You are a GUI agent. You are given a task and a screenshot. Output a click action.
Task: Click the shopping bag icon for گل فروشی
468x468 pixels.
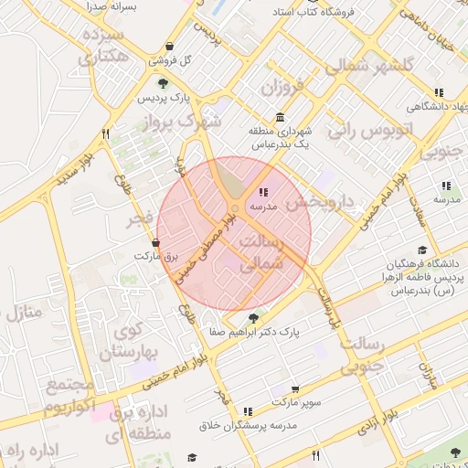170,48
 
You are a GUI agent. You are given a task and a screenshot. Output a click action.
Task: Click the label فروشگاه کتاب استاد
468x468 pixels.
309,14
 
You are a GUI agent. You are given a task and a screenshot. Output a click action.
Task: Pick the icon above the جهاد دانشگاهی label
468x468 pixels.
440,92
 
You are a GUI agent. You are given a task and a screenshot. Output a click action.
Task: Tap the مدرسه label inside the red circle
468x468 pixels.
264,207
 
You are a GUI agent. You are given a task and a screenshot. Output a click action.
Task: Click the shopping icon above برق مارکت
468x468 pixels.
157,244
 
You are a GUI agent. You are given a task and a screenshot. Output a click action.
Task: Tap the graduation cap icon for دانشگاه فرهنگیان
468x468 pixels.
421,250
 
